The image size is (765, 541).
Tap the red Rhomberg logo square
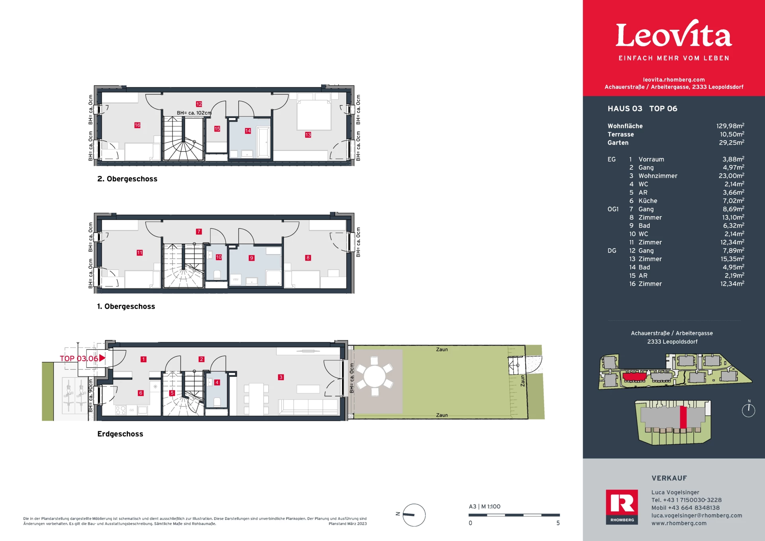coord(622,506)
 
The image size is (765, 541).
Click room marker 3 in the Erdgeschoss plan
coord(281,377)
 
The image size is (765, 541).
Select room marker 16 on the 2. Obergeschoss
coord(137,125)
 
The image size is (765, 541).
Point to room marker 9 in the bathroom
coord(251,258)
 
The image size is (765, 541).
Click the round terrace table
coord(375,376)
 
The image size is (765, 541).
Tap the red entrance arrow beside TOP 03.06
coord(102,358)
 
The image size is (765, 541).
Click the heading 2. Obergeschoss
coord(127,179)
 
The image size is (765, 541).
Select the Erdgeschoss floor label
coord(120,434)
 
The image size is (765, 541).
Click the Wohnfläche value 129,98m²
coord(730,126)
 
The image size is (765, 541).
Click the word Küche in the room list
coord(648,201)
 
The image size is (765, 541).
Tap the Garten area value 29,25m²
coord(732,142)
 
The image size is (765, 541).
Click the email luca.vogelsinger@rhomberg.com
coord(697,516)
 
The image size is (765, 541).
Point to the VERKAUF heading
coord(669,478)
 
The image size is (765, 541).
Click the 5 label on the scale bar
coord(558,523)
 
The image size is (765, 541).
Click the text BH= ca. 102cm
coord(194,113)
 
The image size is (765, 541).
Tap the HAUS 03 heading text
coord(625,108)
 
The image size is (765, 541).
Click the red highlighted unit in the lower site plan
coord(683,417)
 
